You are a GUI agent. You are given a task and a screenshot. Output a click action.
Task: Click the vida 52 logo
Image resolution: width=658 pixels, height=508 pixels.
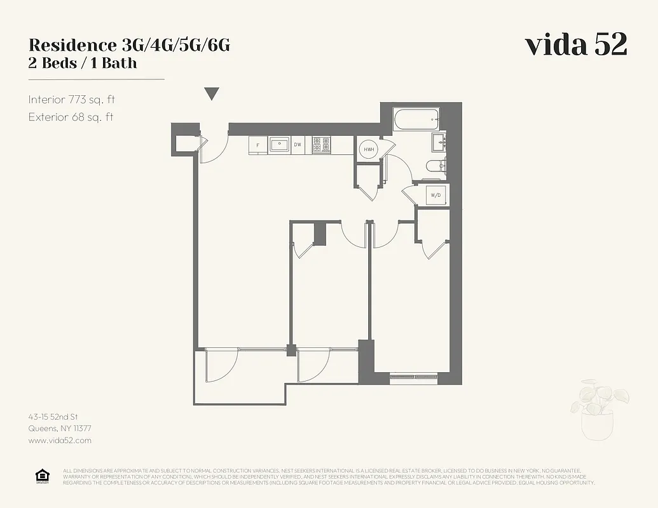[x=576, y=45]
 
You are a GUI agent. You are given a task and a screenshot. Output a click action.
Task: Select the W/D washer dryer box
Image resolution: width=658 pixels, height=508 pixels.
[x=436, y=195]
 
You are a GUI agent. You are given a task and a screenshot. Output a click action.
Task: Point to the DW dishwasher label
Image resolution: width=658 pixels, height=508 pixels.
[x=297, y=145]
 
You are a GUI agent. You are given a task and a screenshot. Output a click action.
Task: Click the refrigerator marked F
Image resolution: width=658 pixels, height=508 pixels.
[x=257, y=145]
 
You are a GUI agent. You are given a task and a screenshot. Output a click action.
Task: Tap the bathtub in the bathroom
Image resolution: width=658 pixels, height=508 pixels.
[x=416, y=119]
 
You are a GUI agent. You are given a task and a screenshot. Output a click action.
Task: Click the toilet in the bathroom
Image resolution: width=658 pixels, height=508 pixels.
[x=435, y=166]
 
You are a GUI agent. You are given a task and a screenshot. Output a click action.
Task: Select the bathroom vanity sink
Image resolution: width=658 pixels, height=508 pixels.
[x=439, y=142]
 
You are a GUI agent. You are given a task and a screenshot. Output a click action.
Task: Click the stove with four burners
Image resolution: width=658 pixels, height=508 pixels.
[x=322, y=144]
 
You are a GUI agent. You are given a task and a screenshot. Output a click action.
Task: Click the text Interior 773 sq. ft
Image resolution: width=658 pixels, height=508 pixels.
[x=71, y=100]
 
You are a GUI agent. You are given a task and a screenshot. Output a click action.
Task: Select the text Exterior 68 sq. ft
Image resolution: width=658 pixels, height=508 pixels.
[x=71, y=117]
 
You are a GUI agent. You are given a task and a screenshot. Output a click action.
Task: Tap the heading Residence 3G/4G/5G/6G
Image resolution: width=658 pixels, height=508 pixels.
[x=129, y=46]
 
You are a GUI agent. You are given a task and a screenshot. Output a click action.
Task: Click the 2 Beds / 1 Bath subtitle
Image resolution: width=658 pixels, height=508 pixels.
[x=83, y=63]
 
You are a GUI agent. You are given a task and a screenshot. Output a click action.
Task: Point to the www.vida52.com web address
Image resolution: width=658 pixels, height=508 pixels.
[x=60, y=440]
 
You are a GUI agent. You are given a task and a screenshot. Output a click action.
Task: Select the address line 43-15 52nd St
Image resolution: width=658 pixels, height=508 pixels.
[x=53, y=417]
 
